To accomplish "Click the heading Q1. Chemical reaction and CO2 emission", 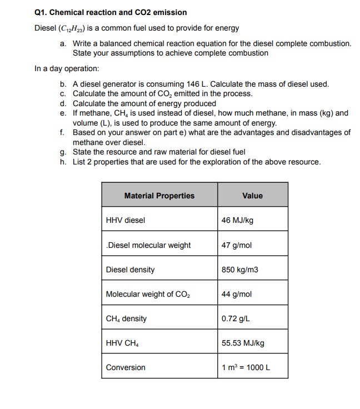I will coord(111,12).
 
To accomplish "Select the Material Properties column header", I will coord(159,196).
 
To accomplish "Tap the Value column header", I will coord(252,196).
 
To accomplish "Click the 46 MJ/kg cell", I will coord(237,220).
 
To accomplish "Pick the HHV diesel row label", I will coord(126,220).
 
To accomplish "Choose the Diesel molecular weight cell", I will coord(148,245).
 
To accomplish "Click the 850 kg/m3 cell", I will coord(239,270).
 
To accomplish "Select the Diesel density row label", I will coord(131,270).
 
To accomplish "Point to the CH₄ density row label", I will coord(127,318).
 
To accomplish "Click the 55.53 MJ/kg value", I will coord(243,343).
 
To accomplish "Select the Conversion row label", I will coord(126,367).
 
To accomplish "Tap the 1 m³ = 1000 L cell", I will coord(246,367).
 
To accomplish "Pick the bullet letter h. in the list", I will coord(63,162).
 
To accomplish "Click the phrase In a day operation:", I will coord(67,68).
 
